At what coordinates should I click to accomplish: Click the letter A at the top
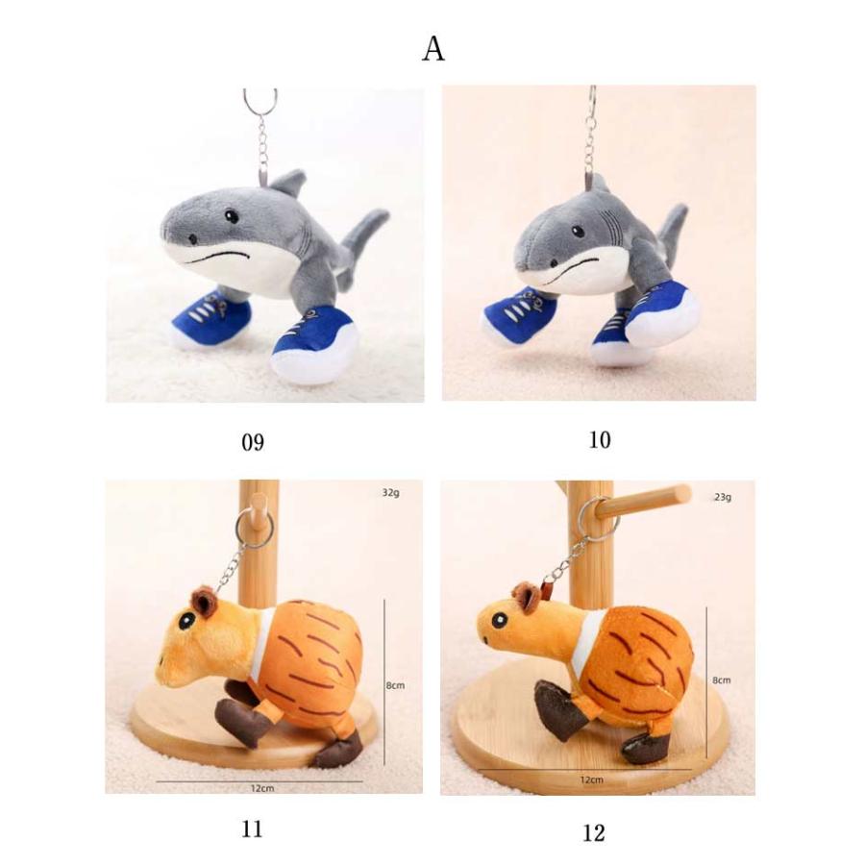click(433, 49)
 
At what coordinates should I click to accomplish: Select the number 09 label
click(253, 442)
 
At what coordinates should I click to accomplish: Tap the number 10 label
click(600, 440)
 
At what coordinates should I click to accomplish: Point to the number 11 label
click(252, 829)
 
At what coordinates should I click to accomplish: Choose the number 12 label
click(594, 833)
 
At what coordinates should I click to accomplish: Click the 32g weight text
click(390, 493)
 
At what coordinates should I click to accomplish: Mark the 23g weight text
click(723, 497)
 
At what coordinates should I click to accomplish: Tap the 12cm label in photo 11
click(262, 788)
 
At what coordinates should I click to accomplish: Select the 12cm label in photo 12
click(591, 780)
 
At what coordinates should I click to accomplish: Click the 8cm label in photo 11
click(395, 685)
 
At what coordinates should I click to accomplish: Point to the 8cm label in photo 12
click(721, 680)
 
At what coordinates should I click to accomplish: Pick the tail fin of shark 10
click(674, 225)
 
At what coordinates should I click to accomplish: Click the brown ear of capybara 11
click(204, 603)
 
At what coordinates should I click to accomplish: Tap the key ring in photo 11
click(255, 528)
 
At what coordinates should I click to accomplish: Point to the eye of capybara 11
click(185, 621)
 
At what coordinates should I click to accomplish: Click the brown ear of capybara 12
click(526, 598)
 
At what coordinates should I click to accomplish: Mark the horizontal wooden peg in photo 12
click(643, 502)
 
